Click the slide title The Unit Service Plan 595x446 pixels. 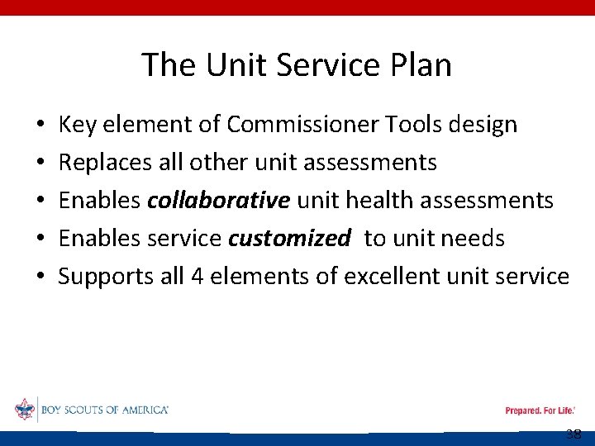[x=297, y=64]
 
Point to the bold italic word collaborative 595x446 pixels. [x=219, y=201]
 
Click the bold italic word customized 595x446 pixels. [x=289, y=239]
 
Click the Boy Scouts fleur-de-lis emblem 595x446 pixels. [x=25, y=410]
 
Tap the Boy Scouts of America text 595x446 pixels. [x=104, y=410]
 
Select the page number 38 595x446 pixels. [x=574, y=435]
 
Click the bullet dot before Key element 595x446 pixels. [x=40, y=126]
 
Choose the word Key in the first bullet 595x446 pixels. [x=76, y=126]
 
